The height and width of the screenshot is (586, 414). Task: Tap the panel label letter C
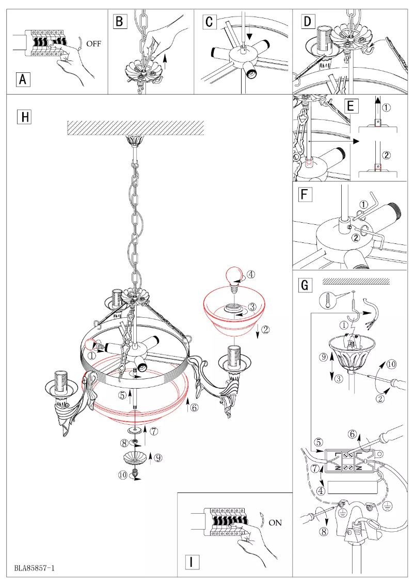(x=209, y=22)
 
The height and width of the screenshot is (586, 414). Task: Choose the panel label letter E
(x=351, y=106)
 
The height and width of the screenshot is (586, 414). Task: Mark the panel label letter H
(x=24, y=117)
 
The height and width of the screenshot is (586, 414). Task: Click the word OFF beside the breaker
(x=94, y=44)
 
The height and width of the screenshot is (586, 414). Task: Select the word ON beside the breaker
(x=275, y=522)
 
